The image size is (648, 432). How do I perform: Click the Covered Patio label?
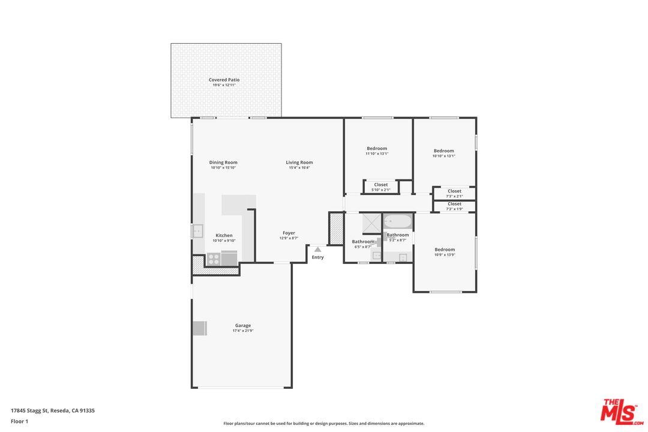[x=224, y=80]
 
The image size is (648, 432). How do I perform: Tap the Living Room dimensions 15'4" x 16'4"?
[x=299, y=168]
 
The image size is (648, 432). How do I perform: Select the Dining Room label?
[x=223, y=163]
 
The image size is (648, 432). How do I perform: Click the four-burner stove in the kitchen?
[x=213, y=259]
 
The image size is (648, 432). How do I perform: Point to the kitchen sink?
[x=197, y=230]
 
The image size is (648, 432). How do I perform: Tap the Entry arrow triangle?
[x=317, y=249]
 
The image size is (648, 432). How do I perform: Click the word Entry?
[x=318, y=257]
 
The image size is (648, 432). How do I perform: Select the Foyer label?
[x=289, y=233]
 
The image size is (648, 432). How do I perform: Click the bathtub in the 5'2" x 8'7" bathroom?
[x=398, y=222]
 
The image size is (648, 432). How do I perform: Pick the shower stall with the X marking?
[x=371, y=224]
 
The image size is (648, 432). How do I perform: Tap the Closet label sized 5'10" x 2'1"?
[x=381, y=185]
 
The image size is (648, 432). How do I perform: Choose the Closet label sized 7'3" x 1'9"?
[x=455, y=204]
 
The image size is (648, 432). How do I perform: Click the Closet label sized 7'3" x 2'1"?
[x=455, y=191]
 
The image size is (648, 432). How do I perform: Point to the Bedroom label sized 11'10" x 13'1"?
[x=377, y=148]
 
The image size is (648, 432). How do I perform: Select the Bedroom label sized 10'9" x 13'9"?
[x=445, y=249]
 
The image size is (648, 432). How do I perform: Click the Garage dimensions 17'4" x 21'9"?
[x=243, y=331]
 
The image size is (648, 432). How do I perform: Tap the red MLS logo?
[x=622, y=412]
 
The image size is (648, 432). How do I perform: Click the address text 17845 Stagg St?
[x=30, y=410]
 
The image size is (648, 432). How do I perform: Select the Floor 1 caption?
[x=19, y=421]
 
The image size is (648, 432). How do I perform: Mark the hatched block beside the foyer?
[x=336, y=228]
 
